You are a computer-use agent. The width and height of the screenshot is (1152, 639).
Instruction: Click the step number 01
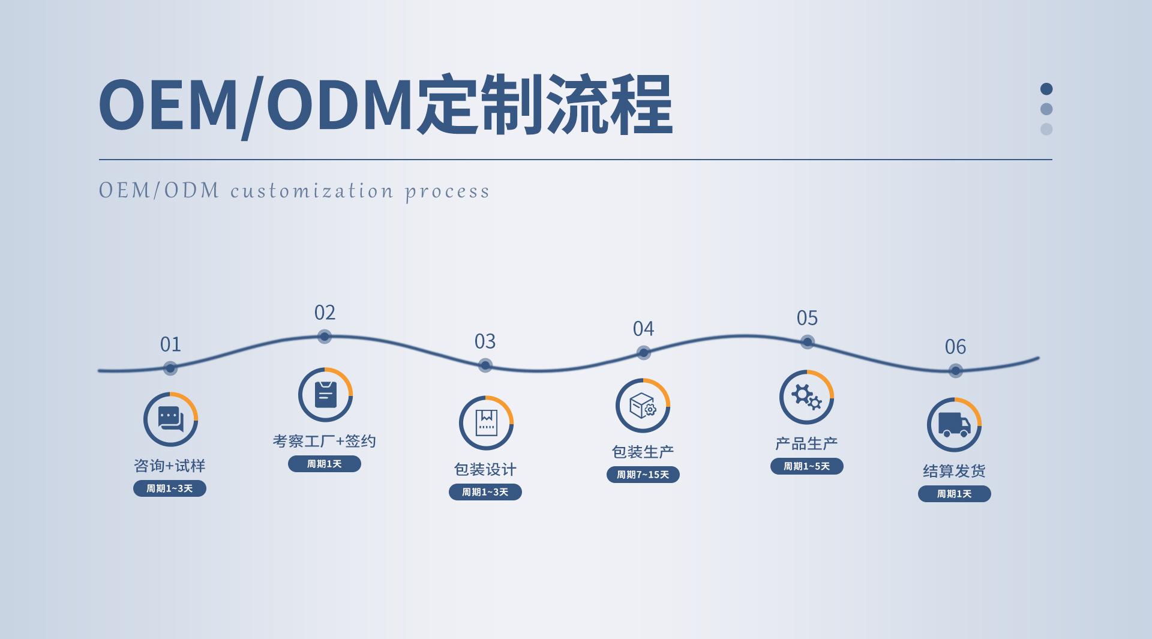pyautogui.click(x=170, y=344)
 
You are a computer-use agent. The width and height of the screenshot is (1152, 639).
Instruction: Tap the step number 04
pyautogui.click(x=643, y=329)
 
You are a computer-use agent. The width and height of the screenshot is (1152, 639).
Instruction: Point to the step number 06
pyautogui.click(x=955, y=347)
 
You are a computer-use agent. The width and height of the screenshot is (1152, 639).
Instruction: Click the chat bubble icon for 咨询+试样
pyautogui.click(x=170, y=419)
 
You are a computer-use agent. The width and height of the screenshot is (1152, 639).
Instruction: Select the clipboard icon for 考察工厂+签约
pyautogui.click(x=325, y=395)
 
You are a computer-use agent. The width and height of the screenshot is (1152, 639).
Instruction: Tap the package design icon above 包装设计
pyautogui.click(x=486, y=423)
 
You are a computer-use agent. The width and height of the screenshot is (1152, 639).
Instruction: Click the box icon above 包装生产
pyautogui.click(x=643, y=406)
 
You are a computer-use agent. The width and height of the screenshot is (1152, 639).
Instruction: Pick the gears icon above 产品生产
pyautogui.click(x=806, y=397)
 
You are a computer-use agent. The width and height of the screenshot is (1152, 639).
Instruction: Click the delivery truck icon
pyautogui.click(x=954, y=425)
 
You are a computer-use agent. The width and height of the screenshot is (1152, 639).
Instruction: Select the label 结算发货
pyautogui.click(x=954, y=471)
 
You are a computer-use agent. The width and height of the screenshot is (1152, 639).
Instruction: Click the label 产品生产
pyautogui.click(x=806, y=443)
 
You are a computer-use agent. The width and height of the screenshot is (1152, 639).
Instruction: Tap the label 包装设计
pyautogui.click(x=485, y=469)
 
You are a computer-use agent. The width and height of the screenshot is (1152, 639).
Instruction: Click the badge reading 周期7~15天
pyautogui.click(x=643, y=475)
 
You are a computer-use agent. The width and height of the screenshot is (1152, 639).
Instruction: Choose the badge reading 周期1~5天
pyautogui.click(x=806, y=466)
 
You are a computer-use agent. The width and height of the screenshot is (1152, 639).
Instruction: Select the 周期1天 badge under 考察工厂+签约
pyautogui.click(x=325, y=464)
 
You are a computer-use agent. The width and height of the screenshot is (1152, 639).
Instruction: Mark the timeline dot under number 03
pyautogui.click(x=485, y=365)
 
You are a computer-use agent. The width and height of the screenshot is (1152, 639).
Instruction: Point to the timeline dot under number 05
pyautogui.click(x=808, y=342)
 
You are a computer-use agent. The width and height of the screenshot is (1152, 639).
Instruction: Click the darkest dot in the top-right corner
pyautogui.click(x=1046, y=89)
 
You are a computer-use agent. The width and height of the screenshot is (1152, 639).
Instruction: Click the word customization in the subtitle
pyautogui.click(x=312, y=191)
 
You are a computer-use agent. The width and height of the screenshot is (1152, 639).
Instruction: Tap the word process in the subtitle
pyautogui.click(x=448, y=193)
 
